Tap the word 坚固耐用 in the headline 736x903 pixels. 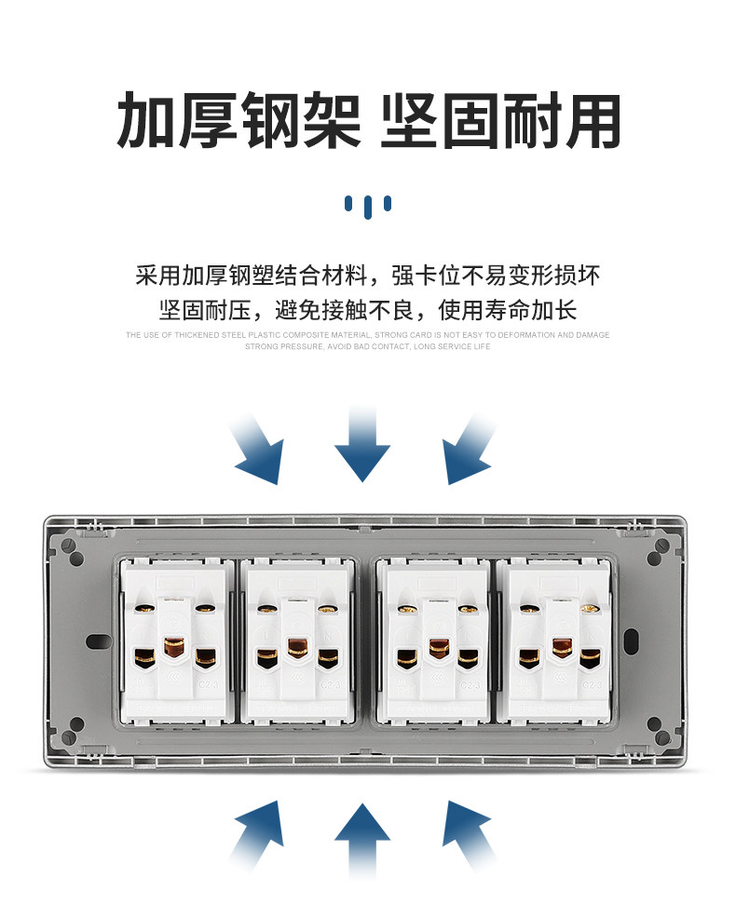[x=500, y=121]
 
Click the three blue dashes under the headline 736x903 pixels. [x=367, y=205]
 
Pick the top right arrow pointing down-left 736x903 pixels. [x=470, y=451]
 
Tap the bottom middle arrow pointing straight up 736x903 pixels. [x=362, y=840]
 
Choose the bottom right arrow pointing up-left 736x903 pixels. [x=470, y=834]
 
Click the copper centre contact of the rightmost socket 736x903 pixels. [x=561, y=646]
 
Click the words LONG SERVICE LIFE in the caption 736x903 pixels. [x=452, y=346]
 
